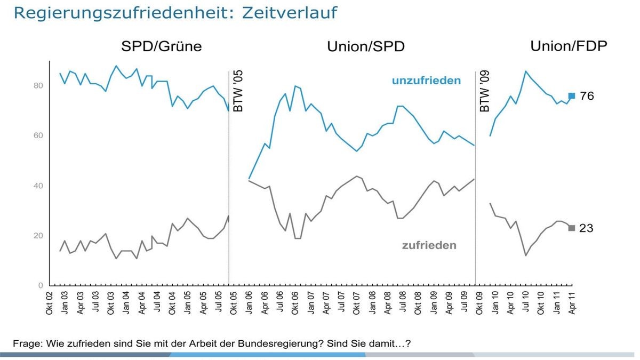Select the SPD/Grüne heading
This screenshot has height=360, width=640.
[x=162, y=46]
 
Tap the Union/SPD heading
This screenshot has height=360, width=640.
[x=366, y=47]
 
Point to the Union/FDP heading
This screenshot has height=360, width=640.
[x=569, y=46]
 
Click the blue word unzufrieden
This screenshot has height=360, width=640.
[x=426, y=81]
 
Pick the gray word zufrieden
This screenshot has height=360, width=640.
[x=429, y=246]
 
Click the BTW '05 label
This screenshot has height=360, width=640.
[x=238, y=92]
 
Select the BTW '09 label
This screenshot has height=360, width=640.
[x=485, y=92]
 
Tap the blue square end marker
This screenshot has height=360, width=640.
[x=572, y=96]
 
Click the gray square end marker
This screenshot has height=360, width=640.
[x=572, y=228]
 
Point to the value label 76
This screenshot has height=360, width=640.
[x=587, y=97]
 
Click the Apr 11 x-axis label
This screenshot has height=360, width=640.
[x=571, y=304]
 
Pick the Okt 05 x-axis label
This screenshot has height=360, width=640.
[x=233, y=304]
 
